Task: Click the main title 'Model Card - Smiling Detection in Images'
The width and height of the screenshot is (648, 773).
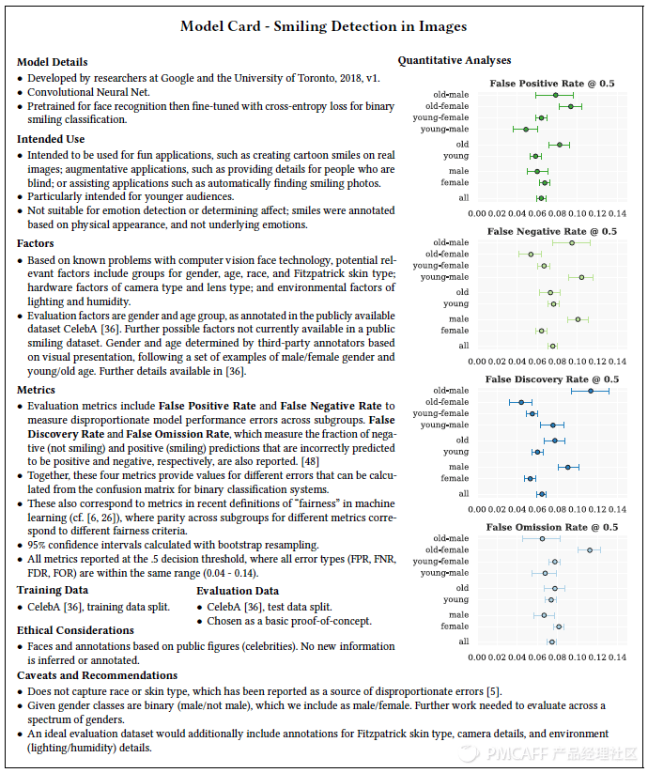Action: click(323, 26)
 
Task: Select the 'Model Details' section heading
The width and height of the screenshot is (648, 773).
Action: click(52, 62)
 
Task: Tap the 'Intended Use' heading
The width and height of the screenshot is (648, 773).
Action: click(51, 139)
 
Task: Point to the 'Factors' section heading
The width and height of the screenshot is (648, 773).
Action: click(36, 243)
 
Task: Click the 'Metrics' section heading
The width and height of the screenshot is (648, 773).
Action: click(37, 389)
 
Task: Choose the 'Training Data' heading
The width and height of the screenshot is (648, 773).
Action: click(53, 590)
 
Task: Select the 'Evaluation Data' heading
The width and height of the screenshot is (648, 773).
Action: click(238, 591)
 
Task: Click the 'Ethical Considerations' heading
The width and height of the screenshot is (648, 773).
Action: click(75, 630)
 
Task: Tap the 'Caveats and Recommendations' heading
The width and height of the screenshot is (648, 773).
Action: click(97, 675)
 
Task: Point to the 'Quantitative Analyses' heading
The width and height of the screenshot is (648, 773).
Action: click(455, 61)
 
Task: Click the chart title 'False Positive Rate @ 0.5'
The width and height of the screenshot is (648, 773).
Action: click(552, 84)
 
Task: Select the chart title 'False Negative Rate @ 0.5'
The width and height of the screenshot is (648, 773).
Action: click(552, 231)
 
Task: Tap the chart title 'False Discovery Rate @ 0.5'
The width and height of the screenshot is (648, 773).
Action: click(551, 379)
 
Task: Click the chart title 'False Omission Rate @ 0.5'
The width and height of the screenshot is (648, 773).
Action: click(552, 527)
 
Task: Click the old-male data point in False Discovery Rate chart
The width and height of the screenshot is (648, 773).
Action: click(591, 391)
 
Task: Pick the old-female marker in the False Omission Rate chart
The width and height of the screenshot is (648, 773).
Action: click(590, 549)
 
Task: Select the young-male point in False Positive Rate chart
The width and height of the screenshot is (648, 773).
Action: click(526, 129)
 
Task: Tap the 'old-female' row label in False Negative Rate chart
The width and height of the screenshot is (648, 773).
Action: click(447, 255)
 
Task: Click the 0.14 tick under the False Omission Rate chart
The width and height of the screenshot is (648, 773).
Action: click(618, 657)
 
